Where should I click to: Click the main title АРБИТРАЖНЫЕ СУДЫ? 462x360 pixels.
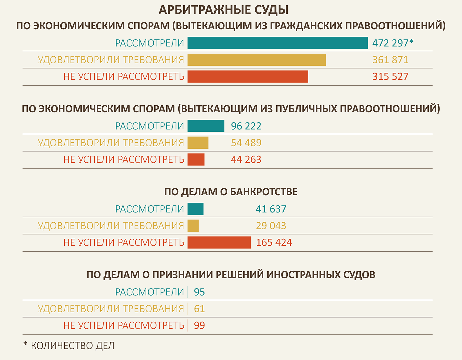224,10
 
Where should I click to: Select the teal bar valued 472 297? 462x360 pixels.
278,43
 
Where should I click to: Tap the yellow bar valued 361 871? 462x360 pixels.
257,60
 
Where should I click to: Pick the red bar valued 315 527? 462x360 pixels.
248,77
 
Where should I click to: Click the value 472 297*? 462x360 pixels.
393,43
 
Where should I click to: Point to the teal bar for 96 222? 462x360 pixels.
206,126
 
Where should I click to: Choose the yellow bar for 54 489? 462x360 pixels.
198,143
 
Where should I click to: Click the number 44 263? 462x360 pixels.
246,160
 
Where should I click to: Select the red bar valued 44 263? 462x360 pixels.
196,160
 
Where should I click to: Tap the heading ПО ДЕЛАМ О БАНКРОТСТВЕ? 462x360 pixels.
231,192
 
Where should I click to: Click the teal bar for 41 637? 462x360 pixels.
195,209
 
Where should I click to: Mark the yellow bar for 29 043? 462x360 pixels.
193,226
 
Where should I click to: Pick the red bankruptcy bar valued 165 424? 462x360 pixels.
219,243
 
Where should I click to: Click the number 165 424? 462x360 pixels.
274,243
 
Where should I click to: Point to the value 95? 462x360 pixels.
199,292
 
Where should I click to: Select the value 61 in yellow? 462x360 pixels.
199,309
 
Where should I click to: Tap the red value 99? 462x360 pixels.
199,326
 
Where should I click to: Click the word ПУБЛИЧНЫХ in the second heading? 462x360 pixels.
305,109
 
